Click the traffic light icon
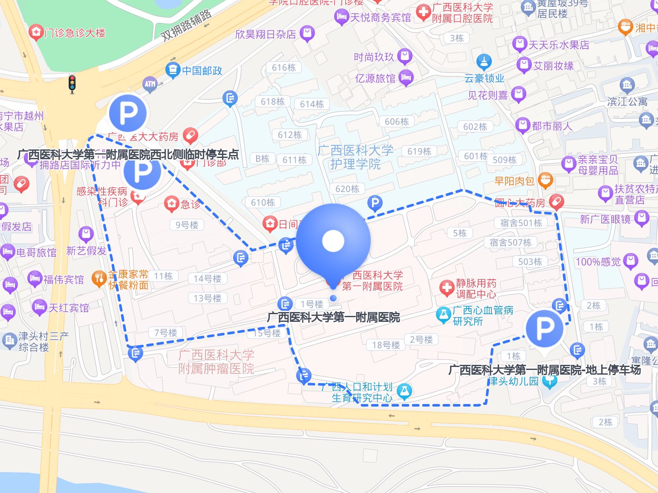point(72,84)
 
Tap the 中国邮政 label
point(202,71)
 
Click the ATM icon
point(150,84)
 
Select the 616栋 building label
point(284,68)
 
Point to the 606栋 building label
point(397,122)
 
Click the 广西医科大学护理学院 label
point(355,157)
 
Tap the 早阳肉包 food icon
point(545,181)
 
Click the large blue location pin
point(333,241)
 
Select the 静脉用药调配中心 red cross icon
point(447,288)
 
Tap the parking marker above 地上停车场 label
point(544,329)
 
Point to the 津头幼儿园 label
point(514,381)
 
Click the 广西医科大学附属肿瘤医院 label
point(216,362)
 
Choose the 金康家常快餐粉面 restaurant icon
point(99,279)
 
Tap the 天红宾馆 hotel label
point(68,308)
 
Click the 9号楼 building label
point(187,225)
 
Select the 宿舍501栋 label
point(521,223)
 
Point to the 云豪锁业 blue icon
point(484,62)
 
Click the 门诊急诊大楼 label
point(75,33)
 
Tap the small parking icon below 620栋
point(375,203)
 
